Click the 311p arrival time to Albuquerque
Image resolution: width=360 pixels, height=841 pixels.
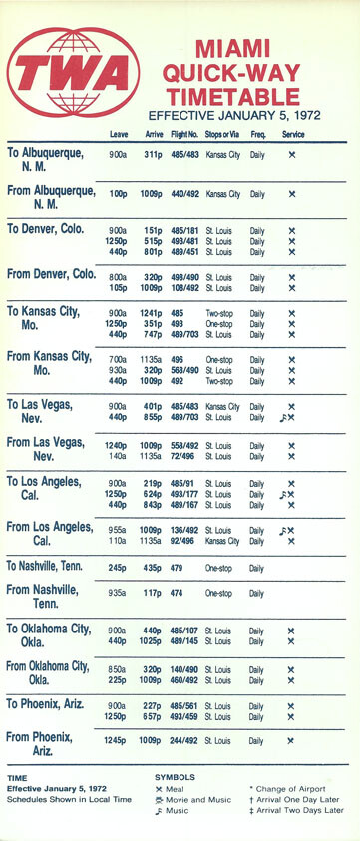[x=155, y=155]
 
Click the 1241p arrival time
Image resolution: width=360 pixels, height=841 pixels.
[x=153, y=313]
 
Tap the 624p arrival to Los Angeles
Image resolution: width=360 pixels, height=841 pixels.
[x=155, y=494]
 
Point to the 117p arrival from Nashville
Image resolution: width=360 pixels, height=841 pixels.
[x=155, y=593]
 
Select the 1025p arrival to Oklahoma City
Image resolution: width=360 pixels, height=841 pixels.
[x=153, y=640]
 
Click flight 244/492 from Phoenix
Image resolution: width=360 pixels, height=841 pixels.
[x=184, y=740]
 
